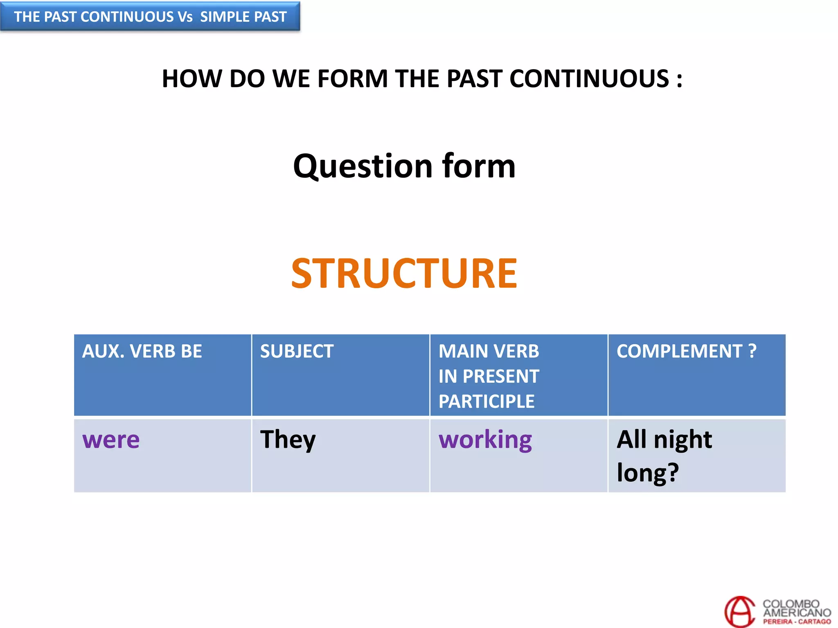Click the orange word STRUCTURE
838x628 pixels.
(x=404, y=274)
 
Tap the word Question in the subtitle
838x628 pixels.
(x=363, y=166)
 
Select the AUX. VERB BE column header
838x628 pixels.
(x=142, y=351)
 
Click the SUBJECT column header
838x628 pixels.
(x=297, y=351)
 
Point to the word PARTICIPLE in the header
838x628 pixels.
(x=486, y=401)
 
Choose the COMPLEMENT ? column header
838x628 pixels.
(x=686, y=351)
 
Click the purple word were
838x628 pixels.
(x=111, y=440)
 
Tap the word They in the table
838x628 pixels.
(x=288, y=440)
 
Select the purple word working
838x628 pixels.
(x=485, y=440)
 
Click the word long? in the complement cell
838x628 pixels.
(x=648, y=473)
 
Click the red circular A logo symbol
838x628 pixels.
(x=739, y=612)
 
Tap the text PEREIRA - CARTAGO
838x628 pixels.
(x=797, y=621)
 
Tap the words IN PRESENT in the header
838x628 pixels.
(x=489, y=376)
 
